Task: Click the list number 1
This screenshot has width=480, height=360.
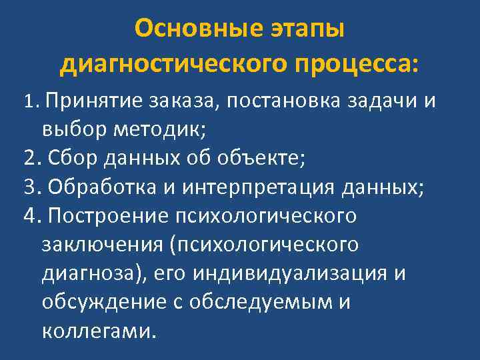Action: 27,101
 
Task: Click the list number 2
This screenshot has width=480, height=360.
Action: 28,159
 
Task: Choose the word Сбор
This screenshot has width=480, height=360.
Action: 67,159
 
